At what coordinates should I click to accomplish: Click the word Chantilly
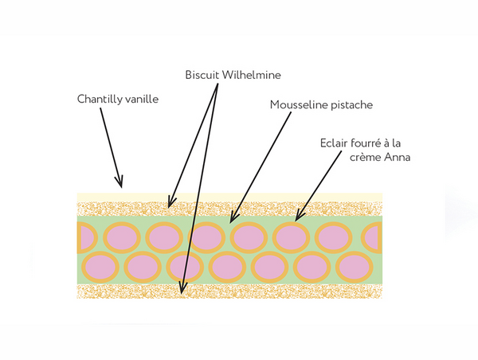point(99,100)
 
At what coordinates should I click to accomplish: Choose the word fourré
point(357,145)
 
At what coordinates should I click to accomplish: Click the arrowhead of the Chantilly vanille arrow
point(120,185)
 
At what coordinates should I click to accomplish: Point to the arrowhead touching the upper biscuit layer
point(170,205)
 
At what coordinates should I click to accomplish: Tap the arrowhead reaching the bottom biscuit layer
point(183,292)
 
